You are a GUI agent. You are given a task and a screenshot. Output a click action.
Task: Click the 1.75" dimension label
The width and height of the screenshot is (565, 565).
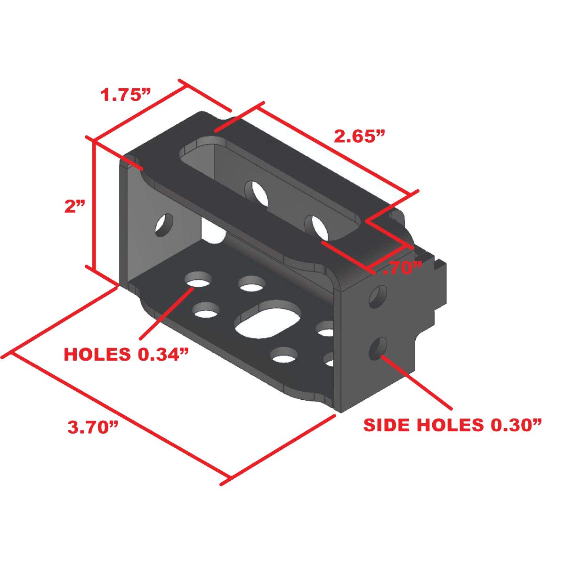[125, 95]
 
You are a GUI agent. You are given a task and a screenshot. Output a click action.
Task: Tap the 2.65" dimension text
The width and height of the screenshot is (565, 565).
[359, 137]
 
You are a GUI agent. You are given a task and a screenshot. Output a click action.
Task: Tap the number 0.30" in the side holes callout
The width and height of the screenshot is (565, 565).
[516, 425]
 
